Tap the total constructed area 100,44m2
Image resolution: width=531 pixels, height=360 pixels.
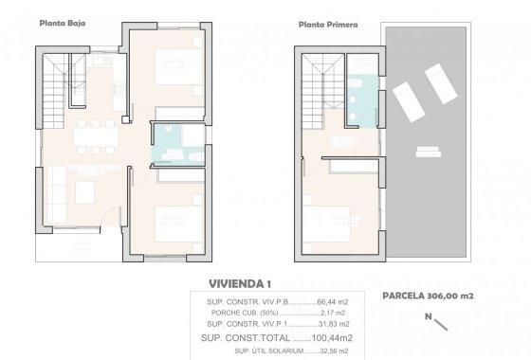click(x=321, y=336)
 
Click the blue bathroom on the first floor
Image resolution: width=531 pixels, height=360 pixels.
click(x=362, y=98)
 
